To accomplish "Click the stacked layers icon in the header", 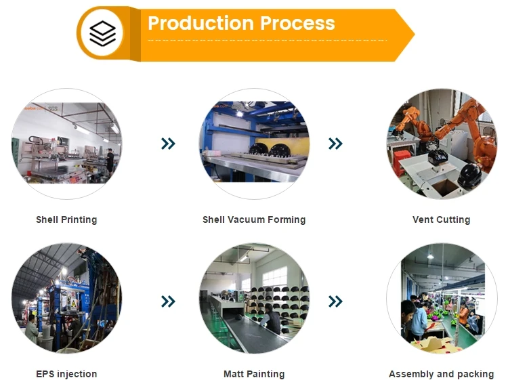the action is pos(102,33).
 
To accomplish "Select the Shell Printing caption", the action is pos(66,219).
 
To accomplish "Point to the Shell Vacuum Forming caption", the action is pos(254,219).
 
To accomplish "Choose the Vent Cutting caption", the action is pos(441,219).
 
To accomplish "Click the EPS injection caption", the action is pos(66,374).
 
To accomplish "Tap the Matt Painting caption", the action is pos(254,374).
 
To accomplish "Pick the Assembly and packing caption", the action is pos(441,374).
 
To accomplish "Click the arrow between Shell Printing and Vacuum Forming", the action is pos(168,144).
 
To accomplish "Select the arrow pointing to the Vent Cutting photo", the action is pos(335,144).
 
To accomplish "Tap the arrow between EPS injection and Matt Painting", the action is pos(168,301).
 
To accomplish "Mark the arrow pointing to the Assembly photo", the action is pos(335,301).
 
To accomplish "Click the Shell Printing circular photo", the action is pos(66,144).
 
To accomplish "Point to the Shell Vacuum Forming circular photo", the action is pos(254,144).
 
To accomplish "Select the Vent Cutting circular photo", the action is pos(441,144).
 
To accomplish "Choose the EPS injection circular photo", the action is pos(66,299).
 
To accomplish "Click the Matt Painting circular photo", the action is pos(254,299).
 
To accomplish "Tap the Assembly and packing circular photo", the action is pos(441,299).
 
